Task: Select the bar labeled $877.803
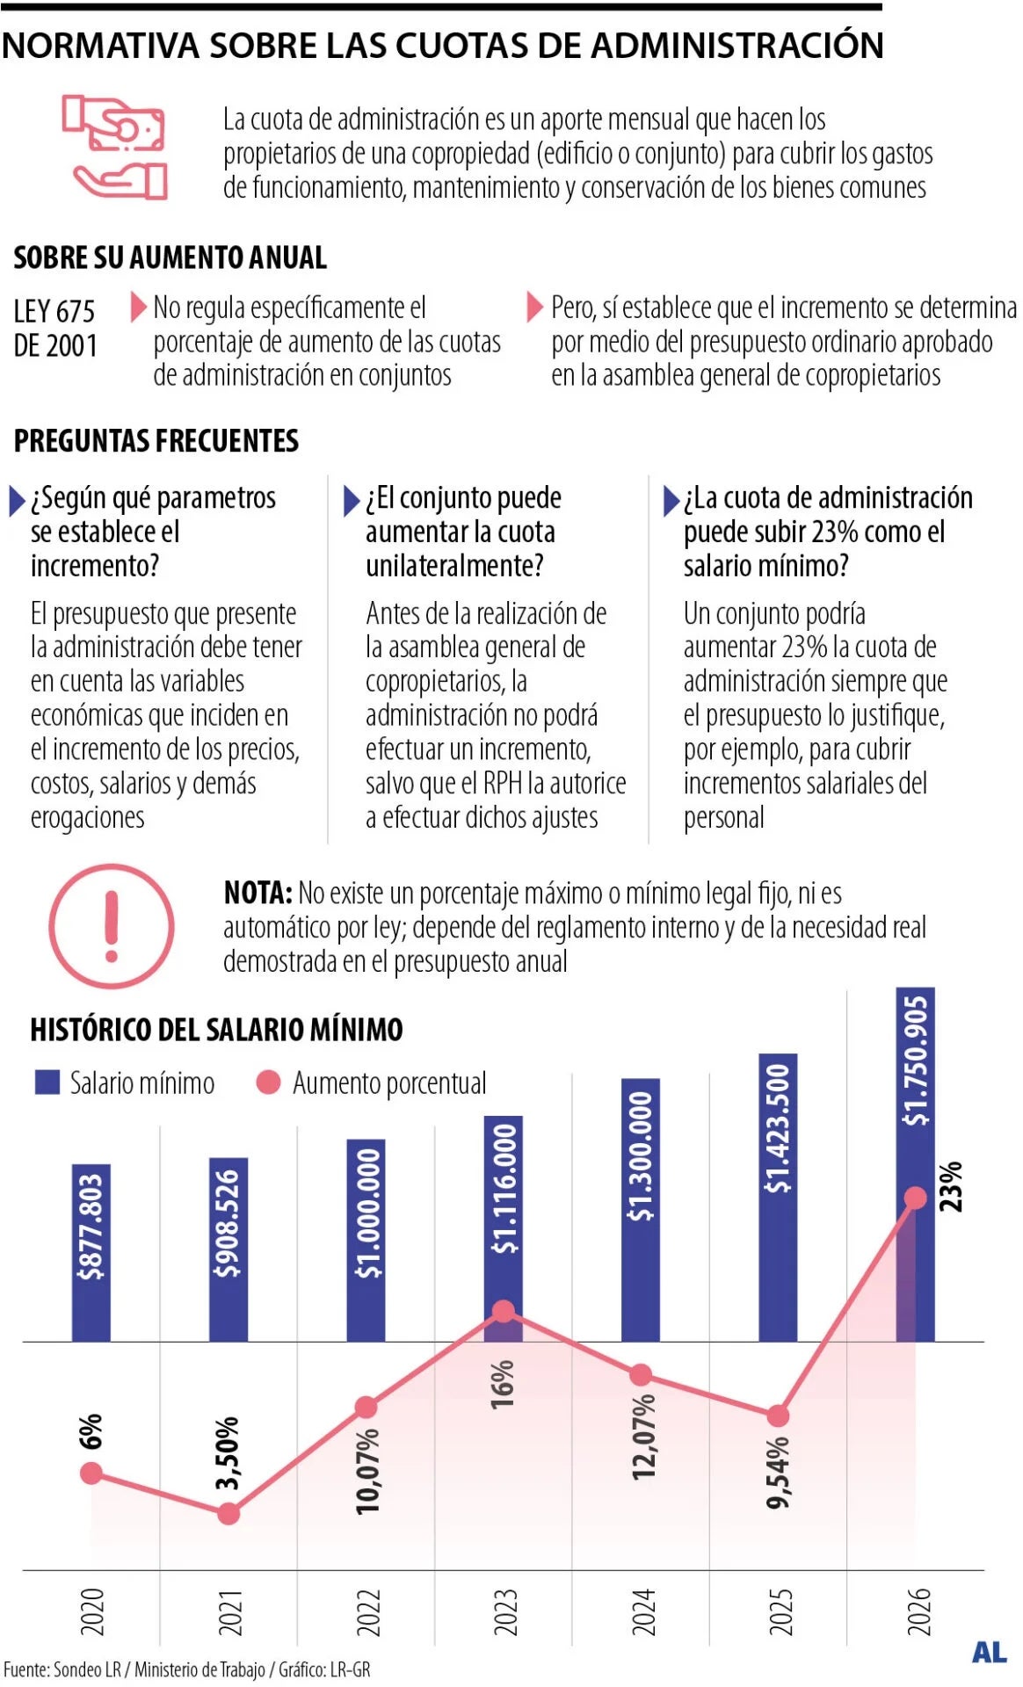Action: (x=91, y=1252)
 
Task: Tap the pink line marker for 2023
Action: (x=504, y=1311)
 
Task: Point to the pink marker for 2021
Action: (x=229, y=1513)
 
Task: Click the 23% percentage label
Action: (x=951, y=1186)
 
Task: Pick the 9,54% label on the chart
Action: (x=778, y=1473)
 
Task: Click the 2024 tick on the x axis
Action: (x=643, y=1611)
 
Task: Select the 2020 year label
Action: (x=91, y=1611)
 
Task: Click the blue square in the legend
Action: (x=47, y=1082)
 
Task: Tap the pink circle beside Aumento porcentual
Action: (x=268, y=1082)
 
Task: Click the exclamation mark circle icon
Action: (x=111, y=926)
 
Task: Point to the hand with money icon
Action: (x=114, y=148)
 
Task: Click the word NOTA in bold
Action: (x=257, y=893)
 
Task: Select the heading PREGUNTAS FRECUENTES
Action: (x=156, y=440)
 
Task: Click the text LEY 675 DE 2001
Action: (x=55, y=328)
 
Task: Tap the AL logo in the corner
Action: (x=989, y=1652)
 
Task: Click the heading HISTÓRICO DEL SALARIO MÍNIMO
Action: (x=216, y=1029)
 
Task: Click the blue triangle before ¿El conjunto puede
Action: (x=351, y=501)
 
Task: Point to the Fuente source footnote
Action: (x=186, y=1669)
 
